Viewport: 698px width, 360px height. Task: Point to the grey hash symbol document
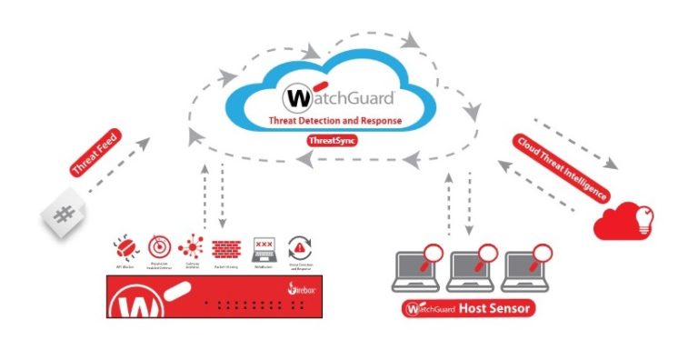tap(63, 215)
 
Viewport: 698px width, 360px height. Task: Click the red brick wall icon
tap(224, 246)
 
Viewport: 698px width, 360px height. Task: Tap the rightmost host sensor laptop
tap(525, 266)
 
